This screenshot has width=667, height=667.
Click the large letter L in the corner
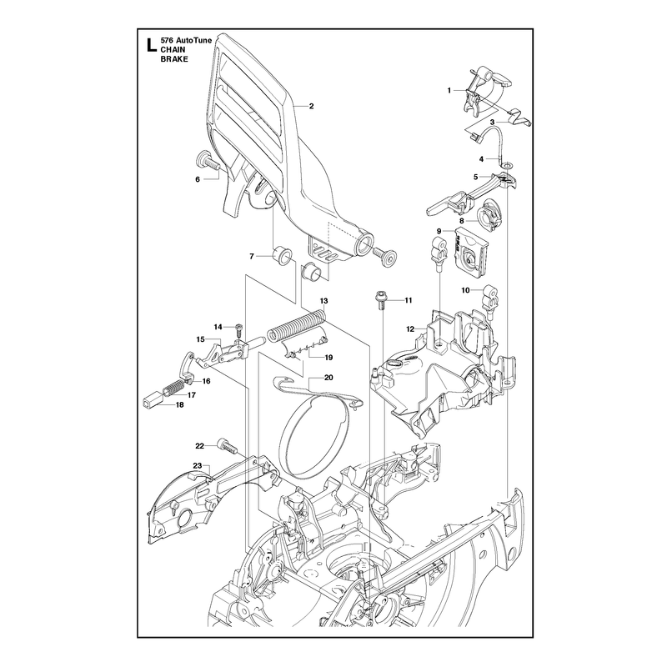point(149,45)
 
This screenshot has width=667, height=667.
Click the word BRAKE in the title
point(174,59)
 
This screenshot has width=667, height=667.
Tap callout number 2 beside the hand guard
point(311,107)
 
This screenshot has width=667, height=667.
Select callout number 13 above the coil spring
point(323,301)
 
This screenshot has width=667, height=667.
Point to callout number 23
point(197,466)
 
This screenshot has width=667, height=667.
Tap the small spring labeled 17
point(173,387)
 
